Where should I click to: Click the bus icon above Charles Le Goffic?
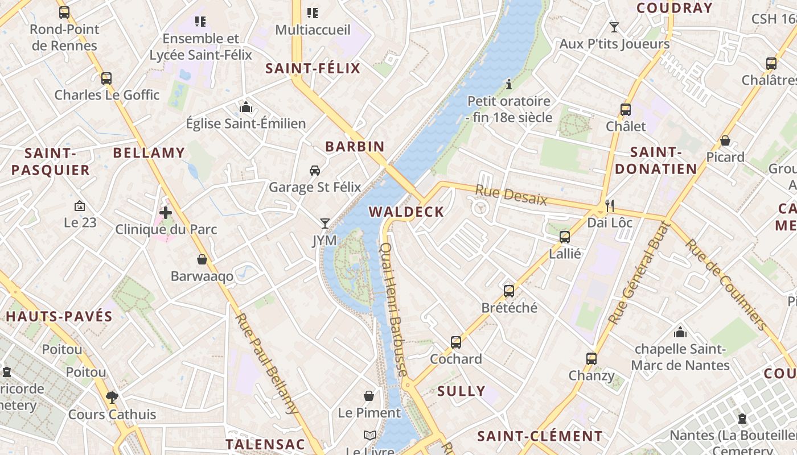click(x=106, y=78)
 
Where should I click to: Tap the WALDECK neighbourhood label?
click(x=406, y=212)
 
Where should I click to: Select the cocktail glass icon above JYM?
click(x=325, y=224)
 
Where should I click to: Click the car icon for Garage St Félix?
click(x=315, y=171)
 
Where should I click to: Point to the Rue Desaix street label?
click(x=511, y=196)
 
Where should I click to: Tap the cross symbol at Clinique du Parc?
click(x=166, y=213)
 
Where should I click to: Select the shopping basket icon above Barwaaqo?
click(x=202, y=260)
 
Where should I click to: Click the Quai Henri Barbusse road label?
click(x=393, y=309)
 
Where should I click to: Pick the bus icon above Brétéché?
click(x=509, y=291)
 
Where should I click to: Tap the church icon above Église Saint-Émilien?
click(x=246, y=107)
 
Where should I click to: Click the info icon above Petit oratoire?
click(x=509, y=85)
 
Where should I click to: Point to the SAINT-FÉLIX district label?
click(x=313, y=69)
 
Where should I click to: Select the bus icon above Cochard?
click(x=456, y=342)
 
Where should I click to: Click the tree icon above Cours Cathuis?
click(x=112, y=397)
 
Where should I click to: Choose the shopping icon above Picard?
click(x=725, y=140)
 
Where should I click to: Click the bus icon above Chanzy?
click(x=591, y=359)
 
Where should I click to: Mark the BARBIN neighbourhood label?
click(x=355, y=146)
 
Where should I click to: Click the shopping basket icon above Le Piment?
click(x=369, y=396)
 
